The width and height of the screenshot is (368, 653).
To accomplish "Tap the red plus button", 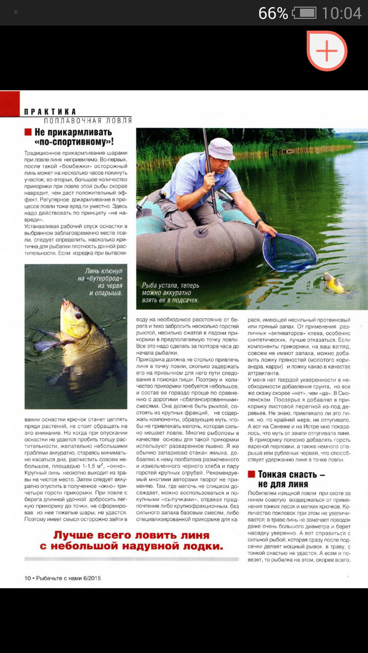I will [327, 51].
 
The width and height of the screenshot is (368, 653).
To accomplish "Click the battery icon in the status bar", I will [305, 13].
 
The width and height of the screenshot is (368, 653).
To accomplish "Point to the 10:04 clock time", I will [342, 13].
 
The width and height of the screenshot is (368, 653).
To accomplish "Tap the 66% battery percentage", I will [273, 13].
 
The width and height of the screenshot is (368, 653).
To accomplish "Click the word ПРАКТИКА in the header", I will [51, 112].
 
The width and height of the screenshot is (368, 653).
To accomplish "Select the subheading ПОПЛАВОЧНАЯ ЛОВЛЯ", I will [87, 121].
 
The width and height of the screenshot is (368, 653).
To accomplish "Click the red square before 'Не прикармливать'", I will [28, 133].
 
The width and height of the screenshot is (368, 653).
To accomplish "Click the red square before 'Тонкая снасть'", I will [251, 474].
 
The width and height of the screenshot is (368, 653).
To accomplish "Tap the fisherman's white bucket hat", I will [221, 148].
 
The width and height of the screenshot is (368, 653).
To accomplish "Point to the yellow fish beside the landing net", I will [334, 284].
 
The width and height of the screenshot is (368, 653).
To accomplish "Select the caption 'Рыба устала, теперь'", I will [171, 286].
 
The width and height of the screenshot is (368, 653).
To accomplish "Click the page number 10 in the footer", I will [28, 578].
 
